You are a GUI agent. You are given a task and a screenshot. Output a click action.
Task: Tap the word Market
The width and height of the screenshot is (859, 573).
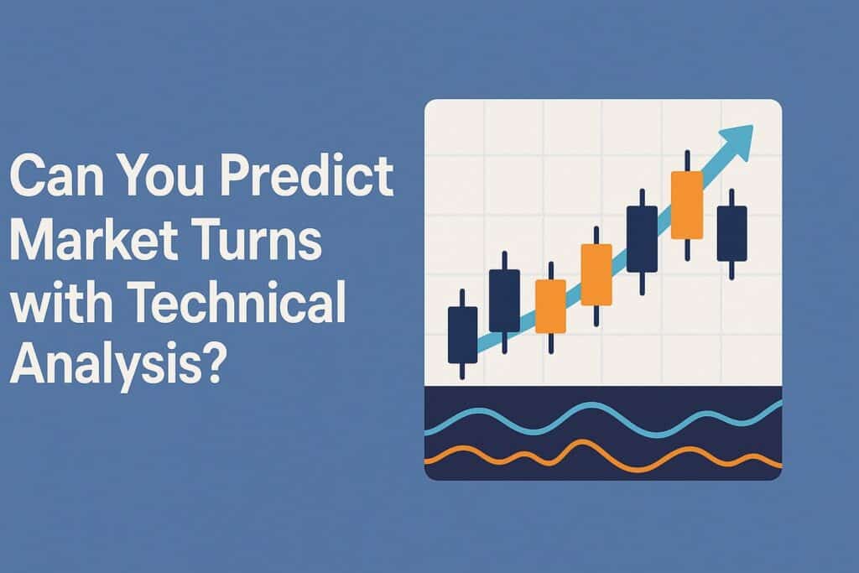pos(91,243)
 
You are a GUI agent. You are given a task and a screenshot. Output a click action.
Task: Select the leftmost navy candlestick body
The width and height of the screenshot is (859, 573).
pos(462,334)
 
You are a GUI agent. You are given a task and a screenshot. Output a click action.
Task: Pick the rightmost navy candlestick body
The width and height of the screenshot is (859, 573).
pos(731,233)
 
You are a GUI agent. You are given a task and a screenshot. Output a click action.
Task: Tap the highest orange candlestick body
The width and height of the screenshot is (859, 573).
pos(686,205)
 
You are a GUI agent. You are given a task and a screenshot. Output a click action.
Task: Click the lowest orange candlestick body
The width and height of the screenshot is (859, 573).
pos(550,305)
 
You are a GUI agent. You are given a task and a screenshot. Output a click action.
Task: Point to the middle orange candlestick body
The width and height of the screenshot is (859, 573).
pos(596,274)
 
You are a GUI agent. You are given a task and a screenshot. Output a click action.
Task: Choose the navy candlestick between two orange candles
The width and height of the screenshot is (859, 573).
pos(642,238)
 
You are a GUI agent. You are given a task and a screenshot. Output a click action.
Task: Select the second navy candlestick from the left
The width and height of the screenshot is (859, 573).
pos(504,300)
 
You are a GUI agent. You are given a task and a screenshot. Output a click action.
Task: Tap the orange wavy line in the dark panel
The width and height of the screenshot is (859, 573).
pos(587,460)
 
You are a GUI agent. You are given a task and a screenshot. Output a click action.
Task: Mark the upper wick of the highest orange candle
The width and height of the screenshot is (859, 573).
pos(687,161)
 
